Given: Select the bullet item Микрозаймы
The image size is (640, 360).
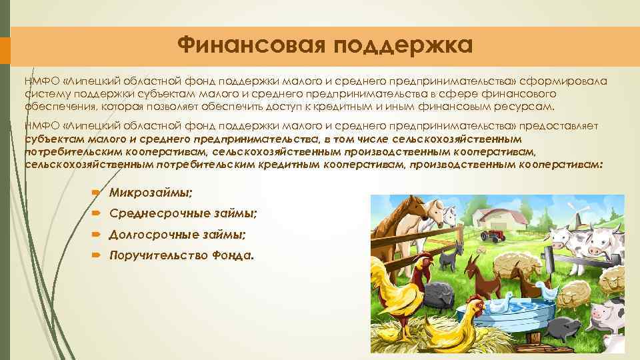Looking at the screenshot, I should tap(151, 193).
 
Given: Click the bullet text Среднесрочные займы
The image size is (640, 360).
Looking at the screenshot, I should tap(183, 213).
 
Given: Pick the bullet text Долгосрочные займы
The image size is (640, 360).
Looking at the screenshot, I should tap(177, 234).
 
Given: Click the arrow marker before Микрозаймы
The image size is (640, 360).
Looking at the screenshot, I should tap(97, 193).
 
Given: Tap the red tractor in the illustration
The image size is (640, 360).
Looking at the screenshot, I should tap(494, 234).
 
